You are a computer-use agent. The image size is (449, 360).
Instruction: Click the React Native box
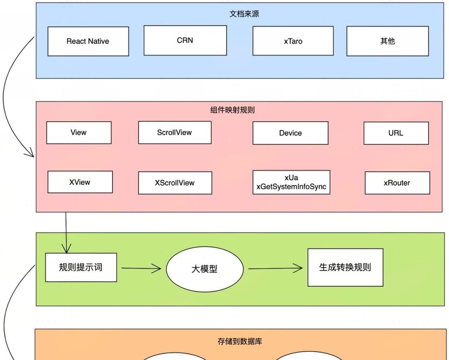88,41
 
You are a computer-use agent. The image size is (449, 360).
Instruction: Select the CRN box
185,40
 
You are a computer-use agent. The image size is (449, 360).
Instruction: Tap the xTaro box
293,41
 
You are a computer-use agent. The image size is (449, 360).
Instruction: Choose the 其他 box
387,41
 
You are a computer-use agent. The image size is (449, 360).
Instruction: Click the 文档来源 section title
244,14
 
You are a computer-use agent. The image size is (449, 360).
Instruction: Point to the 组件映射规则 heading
232,110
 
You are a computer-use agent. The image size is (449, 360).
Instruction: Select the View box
79,132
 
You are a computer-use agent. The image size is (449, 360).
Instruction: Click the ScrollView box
175,132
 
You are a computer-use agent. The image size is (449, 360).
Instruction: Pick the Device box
290,133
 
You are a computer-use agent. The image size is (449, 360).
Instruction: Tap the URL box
396,133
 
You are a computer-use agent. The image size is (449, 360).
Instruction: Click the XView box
80,182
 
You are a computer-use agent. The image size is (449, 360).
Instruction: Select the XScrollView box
175,183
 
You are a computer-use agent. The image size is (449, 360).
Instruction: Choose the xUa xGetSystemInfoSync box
291,182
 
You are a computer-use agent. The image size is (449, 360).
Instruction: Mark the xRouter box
397,183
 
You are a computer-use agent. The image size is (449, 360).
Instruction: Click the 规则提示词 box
81,267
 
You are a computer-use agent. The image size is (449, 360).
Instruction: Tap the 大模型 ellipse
205,269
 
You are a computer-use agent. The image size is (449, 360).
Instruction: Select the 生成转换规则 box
345,267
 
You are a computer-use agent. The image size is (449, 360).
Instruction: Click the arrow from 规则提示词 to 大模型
141,268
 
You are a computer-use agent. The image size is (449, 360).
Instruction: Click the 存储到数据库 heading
240,342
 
